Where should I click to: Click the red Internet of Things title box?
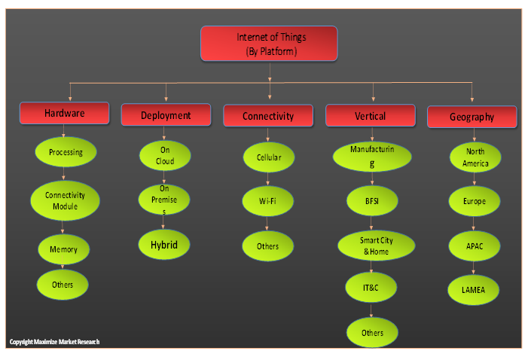pos(269,44)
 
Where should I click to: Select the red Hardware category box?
pos(64,114)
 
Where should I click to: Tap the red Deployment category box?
pos(166,115)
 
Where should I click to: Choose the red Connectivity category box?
pos(267,116)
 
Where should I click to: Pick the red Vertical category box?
pos(370,116)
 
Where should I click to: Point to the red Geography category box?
pos(472,117)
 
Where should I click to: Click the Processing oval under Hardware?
pos(66,152)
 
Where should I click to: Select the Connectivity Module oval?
pos(65,200)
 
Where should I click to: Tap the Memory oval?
pos(63,249)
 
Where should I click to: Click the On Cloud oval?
pos(165,156)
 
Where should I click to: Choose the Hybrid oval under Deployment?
pos(163,244)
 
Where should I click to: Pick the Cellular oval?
pos(268,158)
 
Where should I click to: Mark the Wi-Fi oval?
pos(267,202)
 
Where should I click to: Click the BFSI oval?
pos(372,201)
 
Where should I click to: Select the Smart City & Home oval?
pos(376,246)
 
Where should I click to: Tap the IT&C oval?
pos(371,287)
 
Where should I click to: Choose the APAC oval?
pos(474,246)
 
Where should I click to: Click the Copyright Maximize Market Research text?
pos(54,342)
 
